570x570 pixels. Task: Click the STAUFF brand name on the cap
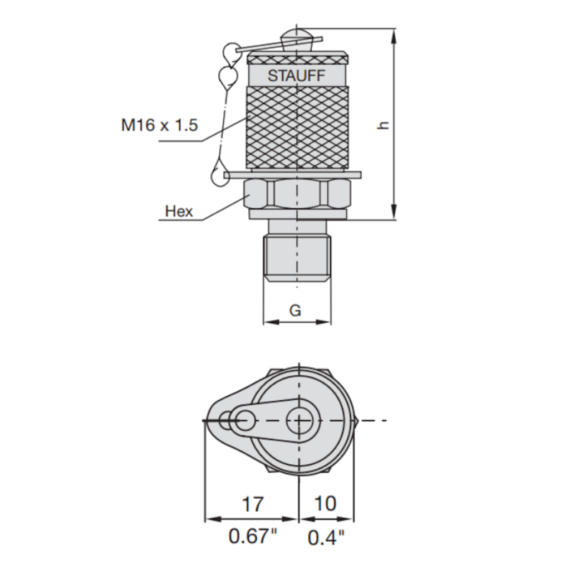(x=296, y=75)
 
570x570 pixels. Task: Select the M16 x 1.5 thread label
(x=160, y=125)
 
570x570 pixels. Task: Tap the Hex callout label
(x=179, y=211)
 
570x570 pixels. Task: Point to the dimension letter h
(x=382, y=125)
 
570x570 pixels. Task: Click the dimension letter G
(x=295, y=310)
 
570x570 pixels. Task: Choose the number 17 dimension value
(x=252, y=504)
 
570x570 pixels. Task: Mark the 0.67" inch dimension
(x=253, y=537)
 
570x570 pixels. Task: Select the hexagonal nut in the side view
(x=298, y=194)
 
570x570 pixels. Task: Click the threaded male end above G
(x=297, y=259)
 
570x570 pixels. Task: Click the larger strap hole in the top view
(x=243, y=420)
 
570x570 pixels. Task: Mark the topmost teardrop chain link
(x=229, y=53)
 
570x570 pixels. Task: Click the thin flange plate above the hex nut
(x=292, y=175)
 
